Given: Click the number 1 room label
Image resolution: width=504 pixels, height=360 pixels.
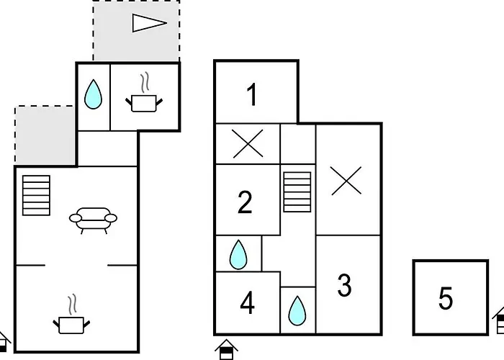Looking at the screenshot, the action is click(x=253, y=94).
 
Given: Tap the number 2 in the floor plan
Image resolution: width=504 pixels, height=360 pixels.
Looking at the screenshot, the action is click(x=245, y=202).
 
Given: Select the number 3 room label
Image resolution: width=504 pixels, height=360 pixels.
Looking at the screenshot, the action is click(x=345, y=285).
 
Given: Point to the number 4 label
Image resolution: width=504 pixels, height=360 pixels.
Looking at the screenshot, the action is click(x=247, y=303).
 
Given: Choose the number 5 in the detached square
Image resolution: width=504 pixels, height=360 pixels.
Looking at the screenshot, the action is click(x=446, y=298).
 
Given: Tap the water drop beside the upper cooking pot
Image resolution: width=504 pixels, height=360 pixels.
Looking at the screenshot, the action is click(x=93, y=94).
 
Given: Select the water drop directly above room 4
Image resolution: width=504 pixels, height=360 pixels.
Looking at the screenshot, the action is click(x=238, y=254).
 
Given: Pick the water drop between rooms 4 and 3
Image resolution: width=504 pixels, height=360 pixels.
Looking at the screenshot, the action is click(x=297, y=310).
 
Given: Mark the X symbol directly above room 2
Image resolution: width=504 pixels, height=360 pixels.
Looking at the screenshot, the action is click(x=248, y=144).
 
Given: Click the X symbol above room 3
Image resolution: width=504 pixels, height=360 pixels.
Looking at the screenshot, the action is click(x=346, y=181).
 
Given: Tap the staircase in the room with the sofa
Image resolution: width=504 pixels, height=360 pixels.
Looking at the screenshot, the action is click(x=36, y=195).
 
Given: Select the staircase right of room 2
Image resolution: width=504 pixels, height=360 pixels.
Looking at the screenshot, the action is click(x=297, y=192).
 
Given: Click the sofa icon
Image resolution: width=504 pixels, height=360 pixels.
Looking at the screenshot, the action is click(x=93, y=220).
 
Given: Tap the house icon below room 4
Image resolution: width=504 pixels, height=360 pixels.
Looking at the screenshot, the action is click(x=226, y=349).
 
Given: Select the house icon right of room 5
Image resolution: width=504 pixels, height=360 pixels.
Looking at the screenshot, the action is click(x=498, y=320).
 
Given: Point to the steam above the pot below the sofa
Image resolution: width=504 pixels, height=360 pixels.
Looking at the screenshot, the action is click(x=73, y=304).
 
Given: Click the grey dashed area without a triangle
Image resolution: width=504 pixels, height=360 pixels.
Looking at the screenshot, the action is click(x=45, y=135).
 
